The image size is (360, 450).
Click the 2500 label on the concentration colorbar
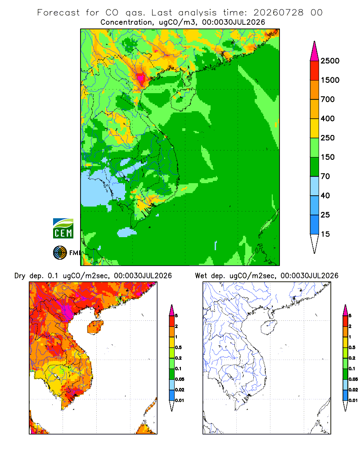click(x=330, y=61)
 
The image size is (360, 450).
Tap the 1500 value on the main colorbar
click(x=330, y=80)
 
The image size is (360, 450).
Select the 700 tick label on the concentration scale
click(x=328, y=99)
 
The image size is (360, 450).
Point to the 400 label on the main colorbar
click(x=328, y=118)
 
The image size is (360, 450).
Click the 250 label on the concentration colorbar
click(x=328, y=138)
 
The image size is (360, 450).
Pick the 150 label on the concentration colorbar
click(x=328, y=157)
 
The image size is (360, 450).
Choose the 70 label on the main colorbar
click(x=325, y=176)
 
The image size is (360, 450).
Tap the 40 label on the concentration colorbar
click(x=325, y=195)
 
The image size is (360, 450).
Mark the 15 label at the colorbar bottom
click(x=325, y=234)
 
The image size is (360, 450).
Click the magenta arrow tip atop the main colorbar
click(x=315, y=41)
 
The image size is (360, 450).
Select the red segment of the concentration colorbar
click(x=315, y=71)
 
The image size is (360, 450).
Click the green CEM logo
click(x=63, y=229)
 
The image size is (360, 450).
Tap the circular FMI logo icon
click(x=60, y=253)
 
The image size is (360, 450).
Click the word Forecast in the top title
click(x=58, y=13)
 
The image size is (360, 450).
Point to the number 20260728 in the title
click(x=278, y=13)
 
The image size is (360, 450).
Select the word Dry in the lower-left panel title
click(x=20, y=276)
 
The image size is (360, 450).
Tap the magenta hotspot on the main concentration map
click(x=141, y=77)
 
